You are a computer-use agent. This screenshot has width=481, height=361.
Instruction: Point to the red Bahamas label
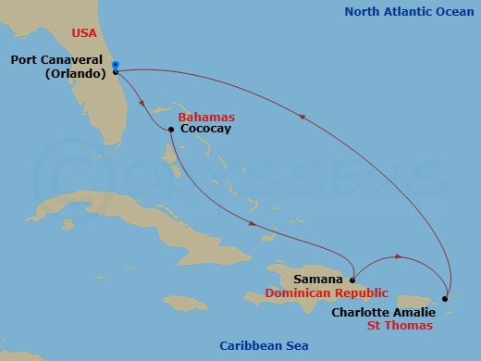(x=207, y=118)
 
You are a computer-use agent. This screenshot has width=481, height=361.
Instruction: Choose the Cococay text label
(x=205, y=130)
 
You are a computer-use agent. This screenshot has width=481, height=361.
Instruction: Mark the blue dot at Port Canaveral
(x=115, y=65)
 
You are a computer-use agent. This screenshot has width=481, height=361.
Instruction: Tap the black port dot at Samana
(x=352, y=278)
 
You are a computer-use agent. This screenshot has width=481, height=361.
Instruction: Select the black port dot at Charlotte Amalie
(x=445, y=298)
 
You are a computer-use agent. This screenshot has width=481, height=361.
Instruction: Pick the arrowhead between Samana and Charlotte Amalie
(x=397, y=255)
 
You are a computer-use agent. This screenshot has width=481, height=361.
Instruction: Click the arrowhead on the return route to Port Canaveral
(x=303, y=115)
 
